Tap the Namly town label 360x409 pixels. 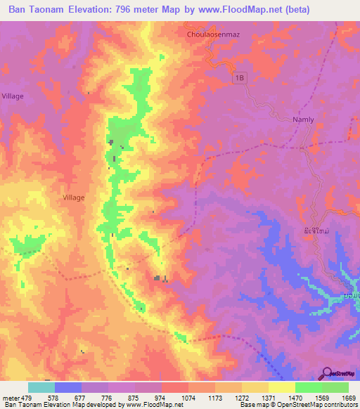tap(303, 120)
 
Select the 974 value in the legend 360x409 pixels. tap(160, 397)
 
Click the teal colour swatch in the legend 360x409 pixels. tap(41, 387)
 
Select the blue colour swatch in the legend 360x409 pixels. tap(68, 387)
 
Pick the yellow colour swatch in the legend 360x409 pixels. tap(282, 387)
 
